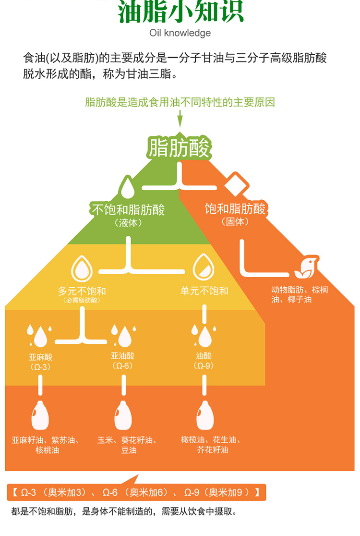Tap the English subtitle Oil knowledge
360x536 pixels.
180,33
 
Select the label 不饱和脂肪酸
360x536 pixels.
128,210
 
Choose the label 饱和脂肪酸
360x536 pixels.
235,209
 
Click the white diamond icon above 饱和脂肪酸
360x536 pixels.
236,183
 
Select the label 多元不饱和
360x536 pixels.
82,291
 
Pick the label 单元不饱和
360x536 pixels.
204,291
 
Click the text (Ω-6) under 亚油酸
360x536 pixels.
122,366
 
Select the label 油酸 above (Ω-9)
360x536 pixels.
204,356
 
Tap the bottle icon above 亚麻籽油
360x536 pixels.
40,414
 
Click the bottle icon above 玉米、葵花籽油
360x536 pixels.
123,414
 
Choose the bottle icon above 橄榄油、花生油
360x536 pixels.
204,414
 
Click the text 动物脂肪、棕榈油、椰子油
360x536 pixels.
300,294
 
